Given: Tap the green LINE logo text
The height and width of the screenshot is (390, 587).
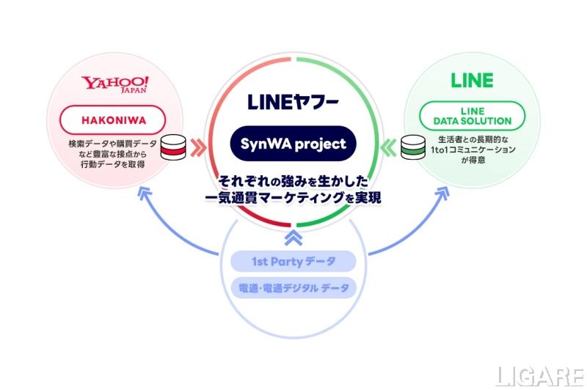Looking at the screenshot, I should [x=471, y=81].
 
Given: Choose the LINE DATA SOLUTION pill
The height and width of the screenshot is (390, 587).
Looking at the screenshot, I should [x=471, y=116].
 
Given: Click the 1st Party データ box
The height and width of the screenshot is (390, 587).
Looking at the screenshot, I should [x=293, y=261].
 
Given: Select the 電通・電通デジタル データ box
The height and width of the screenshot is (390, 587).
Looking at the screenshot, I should [x=293, y=287].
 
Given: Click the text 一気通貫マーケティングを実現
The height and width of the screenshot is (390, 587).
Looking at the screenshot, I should [x=293, y=198].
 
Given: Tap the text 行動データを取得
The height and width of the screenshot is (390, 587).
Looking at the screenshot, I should [x=114, y=163].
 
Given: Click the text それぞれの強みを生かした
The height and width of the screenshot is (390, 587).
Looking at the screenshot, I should [x=293, y=180].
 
